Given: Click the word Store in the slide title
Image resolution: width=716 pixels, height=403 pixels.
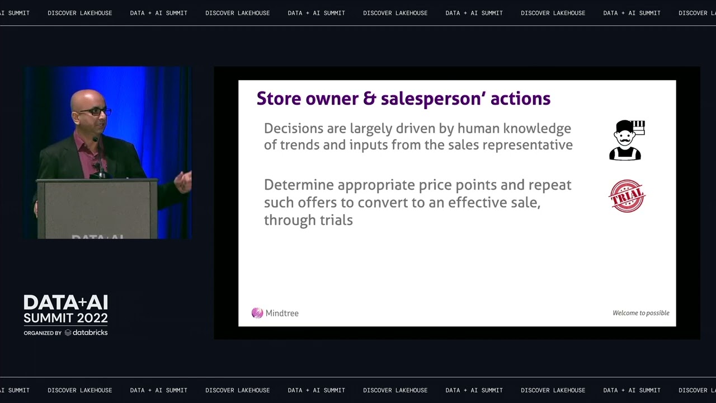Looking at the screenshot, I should [279, 99].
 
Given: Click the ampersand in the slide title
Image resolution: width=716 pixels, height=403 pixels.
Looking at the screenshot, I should [369, 99].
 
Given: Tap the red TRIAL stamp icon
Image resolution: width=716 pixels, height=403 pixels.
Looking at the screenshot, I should [626, 196].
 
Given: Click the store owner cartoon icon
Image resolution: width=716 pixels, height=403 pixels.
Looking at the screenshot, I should [626, 140].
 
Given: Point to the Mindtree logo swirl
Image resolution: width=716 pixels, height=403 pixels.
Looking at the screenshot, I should [257, 313].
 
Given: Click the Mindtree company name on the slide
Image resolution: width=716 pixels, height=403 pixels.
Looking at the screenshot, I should [282, 313].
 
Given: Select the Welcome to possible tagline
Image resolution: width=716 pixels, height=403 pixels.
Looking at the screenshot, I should [640, 313].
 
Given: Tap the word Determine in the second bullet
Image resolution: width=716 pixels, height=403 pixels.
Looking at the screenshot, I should [299, 185].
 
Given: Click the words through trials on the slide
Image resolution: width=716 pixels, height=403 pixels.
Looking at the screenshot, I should [308, 220].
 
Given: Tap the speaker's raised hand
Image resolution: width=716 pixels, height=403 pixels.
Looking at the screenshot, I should [184, 181].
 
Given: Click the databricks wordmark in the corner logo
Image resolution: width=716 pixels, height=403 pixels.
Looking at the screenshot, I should [90, 332].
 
